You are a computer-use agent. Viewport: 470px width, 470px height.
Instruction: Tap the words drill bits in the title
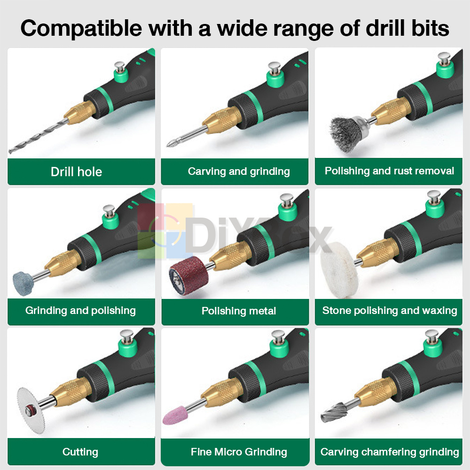(407, 28)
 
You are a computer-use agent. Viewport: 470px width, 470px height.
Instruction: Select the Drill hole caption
(77, 172)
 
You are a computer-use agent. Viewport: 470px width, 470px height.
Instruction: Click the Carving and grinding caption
(239, 172)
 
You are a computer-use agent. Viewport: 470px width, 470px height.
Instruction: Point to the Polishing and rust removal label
(389, 171)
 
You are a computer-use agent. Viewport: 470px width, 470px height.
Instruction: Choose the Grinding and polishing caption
(80, 311)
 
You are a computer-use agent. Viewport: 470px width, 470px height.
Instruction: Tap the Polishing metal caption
(239, 311)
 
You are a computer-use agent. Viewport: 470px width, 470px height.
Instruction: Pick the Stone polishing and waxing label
(390, 311)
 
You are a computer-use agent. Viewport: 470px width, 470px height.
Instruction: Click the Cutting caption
(80, 452)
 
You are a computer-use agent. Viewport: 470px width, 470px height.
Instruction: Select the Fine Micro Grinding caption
(239, 452)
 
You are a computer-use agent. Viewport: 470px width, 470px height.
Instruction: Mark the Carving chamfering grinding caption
(390, 452)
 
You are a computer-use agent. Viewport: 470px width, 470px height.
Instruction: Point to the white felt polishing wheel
(339, 270)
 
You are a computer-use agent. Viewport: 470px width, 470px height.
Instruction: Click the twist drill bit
(38, 136)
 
